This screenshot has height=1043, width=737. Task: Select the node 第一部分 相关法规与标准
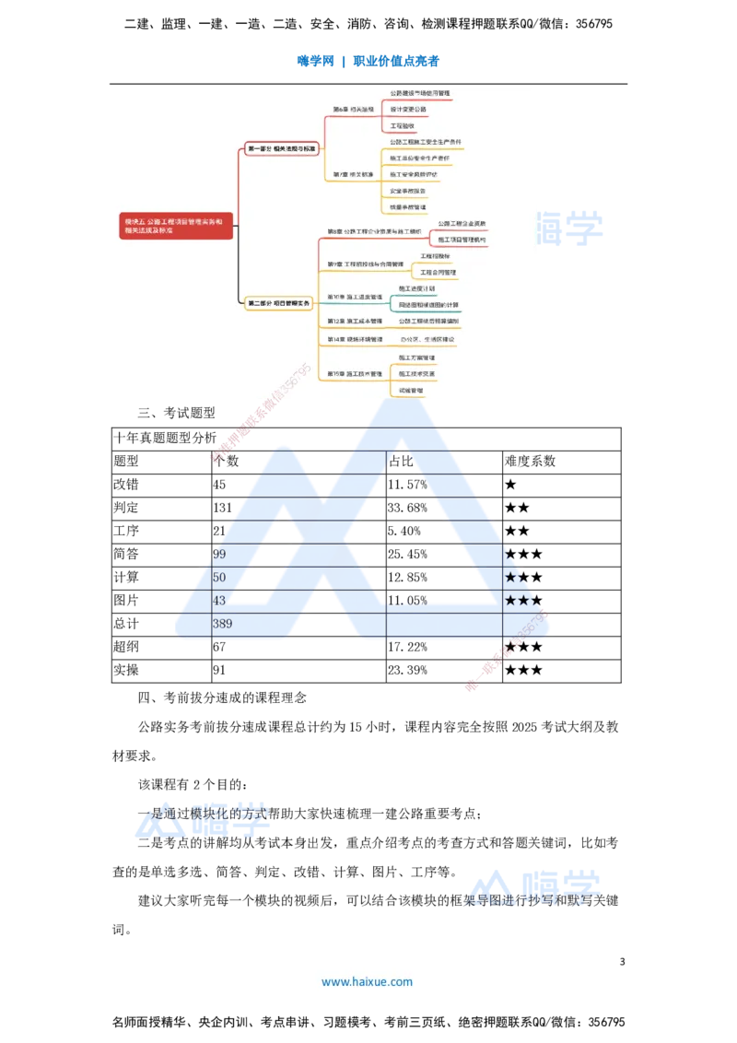coord(281,148)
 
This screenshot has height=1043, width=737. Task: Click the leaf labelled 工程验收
coord(403,125)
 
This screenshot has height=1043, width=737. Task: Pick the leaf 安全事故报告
coord(407,191)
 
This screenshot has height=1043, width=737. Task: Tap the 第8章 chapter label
coord(374,231)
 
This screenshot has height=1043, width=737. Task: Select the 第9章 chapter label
coord(366,264)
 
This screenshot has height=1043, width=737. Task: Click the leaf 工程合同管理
coord(439,273)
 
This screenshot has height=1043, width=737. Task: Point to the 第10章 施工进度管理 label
coord(355,297)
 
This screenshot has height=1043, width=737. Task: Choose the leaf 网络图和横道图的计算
coord(428,305)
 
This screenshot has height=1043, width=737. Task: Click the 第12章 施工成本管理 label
coord(355,322)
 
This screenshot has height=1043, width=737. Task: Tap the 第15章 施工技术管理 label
coord(355,374)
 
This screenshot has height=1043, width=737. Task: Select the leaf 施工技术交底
coord(417,374)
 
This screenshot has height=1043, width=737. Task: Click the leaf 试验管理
coord(411,391)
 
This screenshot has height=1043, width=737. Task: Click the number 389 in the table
coord(222,624)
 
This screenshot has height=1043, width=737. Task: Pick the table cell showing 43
coord(219,601)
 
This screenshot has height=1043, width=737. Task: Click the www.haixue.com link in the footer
coord(367,982)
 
